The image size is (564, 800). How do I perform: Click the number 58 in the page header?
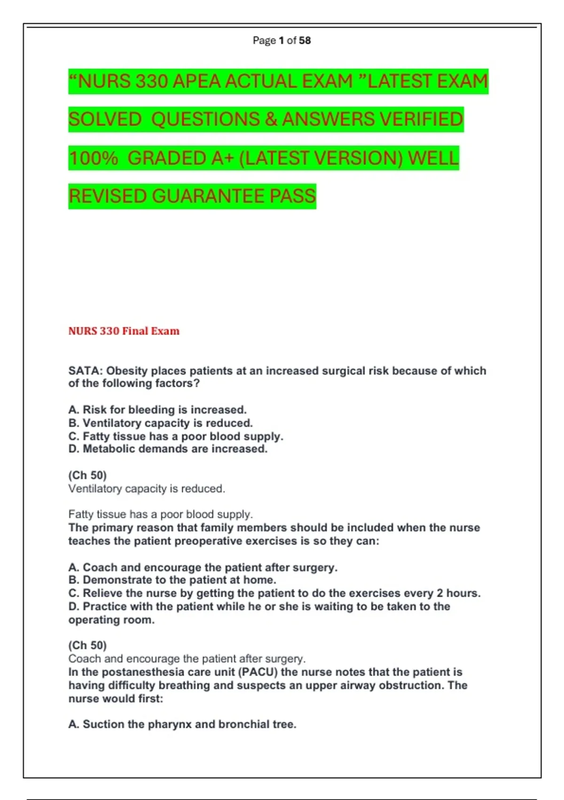point(305,40)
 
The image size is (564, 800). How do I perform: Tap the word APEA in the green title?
point(197,81)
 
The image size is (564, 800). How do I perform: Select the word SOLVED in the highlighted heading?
point(105,120)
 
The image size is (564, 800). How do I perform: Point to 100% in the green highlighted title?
point(93,158)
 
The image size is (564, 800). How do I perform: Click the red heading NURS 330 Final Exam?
point(124,331)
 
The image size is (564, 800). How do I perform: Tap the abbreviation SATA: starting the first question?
point(86,371)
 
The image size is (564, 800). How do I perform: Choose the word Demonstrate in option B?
point(117,580)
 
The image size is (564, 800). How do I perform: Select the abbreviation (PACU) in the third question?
point(258,672)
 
